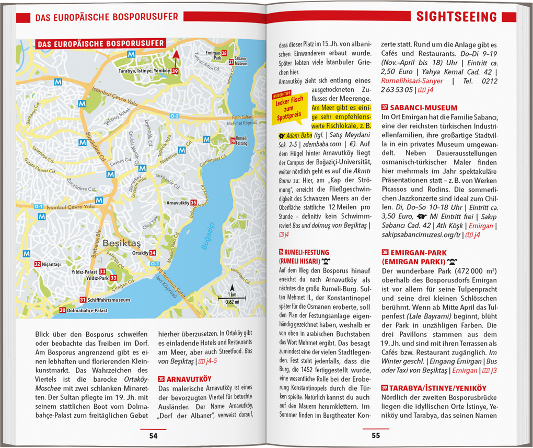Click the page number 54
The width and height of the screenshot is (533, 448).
[x=153, y=435]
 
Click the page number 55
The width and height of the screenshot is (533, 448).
[x=376, y=435]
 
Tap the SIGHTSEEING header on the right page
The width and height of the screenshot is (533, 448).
[x=456, y=17]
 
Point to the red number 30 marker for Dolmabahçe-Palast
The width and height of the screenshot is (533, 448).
[x=62, y=310]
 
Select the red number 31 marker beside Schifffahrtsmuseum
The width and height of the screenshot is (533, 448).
[x=83, y=300]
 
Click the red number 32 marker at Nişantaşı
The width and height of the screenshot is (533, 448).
[x=37, y=264]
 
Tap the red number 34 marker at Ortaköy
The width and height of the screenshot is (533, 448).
[x=152, y=253]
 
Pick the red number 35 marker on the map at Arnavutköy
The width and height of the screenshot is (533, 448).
[x=193, y=203]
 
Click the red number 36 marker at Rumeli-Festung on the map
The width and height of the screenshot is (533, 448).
[x=232, y=140]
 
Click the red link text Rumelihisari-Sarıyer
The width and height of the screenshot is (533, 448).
[x=412, y=81]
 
